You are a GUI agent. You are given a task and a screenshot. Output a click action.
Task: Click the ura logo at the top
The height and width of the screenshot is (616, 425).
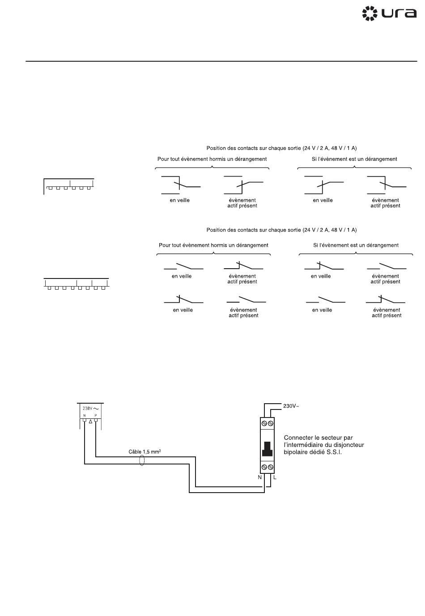pyautogui.click(x=389, y=13)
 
